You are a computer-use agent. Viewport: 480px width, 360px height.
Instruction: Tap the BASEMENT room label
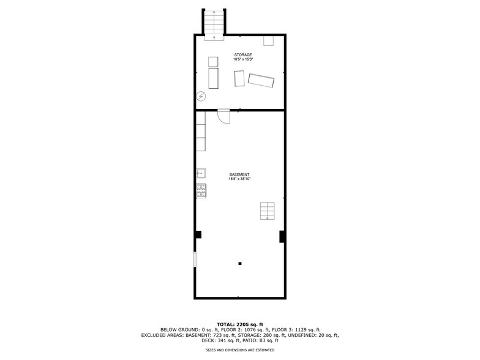[x=239, y=174]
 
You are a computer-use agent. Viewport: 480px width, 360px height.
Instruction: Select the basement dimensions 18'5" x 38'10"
[x=239, y=179]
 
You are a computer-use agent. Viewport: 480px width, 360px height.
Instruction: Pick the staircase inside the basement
[x=267, y=211]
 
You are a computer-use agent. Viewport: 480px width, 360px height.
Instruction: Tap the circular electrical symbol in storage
[x=201, y=96]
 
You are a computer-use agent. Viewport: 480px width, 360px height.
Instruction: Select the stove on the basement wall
[x=201, y=190]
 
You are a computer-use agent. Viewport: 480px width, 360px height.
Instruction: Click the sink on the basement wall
[x=201, y=173]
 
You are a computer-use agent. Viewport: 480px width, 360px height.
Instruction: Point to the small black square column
[x=240, y=264]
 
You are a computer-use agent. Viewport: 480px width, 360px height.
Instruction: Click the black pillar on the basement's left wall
[x=198, y=234]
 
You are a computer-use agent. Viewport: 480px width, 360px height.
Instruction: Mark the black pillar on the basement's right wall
[x=282, y=236]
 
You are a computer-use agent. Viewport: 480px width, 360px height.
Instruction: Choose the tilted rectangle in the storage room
[x=261, y=81]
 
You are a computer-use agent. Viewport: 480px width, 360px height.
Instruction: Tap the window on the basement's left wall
[x=195, y=259]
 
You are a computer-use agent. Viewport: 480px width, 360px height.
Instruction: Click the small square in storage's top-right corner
[x=268, y=40]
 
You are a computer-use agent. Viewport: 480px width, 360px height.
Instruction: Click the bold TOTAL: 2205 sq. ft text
[x=240, y=324]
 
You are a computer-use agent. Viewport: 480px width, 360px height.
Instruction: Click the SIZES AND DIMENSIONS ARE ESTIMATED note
[x=240, y=350]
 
